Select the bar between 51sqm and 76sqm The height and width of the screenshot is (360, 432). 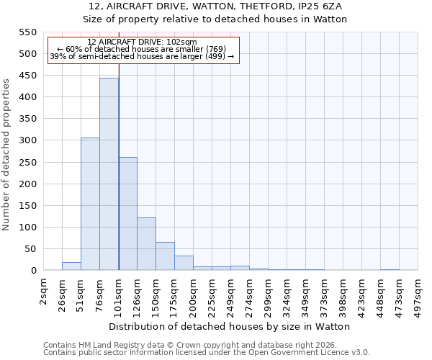[90, 204]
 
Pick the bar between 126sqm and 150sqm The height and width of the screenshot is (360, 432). [146, 244]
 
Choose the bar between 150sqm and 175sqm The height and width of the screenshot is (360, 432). [165, 256]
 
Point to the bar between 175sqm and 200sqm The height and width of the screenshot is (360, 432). [184, 263]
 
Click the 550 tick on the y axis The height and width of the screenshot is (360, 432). [27, 32]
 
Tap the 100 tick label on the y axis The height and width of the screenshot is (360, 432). [27, 228]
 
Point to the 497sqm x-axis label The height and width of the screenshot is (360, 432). [418, 293]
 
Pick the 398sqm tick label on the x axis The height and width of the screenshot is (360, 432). [343, 293]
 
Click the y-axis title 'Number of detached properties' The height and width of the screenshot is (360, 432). [6, 155]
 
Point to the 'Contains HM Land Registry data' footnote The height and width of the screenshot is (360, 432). [207, 345]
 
